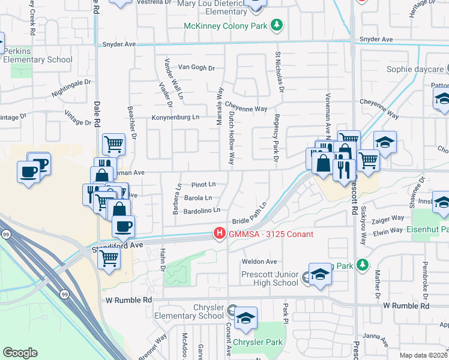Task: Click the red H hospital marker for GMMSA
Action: (220, 233)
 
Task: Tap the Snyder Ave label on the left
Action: (119, 44)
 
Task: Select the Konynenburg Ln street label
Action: (175, 117)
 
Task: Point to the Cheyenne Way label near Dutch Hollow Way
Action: (246, 109)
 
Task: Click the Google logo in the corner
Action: (20, 352)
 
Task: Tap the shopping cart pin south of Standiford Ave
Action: (109, 257)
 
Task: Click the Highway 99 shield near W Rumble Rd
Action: (64, 294)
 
